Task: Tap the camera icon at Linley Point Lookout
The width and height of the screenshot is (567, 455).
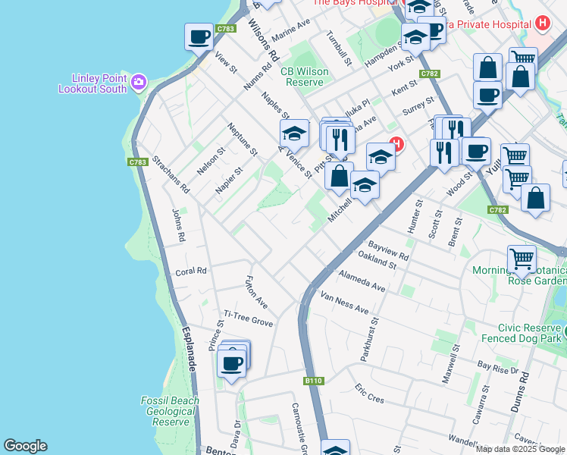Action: click(139, 81)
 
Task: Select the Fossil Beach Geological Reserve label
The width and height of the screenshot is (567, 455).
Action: click(170, 411)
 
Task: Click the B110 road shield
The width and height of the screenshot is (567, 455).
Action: click(313, 381)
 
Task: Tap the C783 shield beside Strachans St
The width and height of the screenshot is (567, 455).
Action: click(137, 162)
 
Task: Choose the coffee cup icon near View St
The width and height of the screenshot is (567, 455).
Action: click(199, 37)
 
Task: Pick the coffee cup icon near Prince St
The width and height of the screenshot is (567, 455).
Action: click(232, 362)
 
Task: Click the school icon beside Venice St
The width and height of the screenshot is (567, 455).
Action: click(294, 134)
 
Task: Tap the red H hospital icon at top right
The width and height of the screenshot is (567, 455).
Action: click(541, 24)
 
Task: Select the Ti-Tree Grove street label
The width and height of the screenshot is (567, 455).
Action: click(248, 318)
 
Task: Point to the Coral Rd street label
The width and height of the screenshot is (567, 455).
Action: click(191, 271)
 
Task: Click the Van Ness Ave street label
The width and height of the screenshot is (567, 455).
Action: click(344, 303)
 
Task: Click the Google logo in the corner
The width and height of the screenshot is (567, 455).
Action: click(25, 446)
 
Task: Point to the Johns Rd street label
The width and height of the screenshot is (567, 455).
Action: click(177, 225)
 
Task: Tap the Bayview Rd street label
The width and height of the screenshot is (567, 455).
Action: click(388, 251)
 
